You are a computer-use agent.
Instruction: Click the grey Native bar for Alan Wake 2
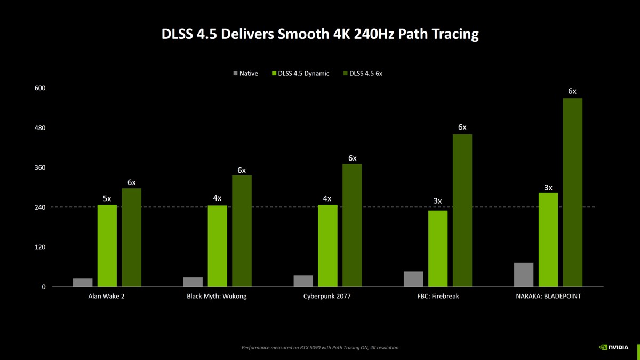tap(83, 283)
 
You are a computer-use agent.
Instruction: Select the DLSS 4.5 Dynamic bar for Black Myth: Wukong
tap(217, 246)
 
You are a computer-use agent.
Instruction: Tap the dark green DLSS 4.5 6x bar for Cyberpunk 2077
tap(352, 225)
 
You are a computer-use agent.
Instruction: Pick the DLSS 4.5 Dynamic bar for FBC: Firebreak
tap(438, 249)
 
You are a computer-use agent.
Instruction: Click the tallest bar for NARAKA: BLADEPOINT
tap(572, 193)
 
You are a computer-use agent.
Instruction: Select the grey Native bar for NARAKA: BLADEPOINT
tap(524, 275)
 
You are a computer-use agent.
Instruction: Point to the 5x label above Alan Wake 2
tap(107, 198)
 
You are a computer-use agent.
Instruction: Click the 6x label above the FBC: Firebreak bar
tap(462, 127)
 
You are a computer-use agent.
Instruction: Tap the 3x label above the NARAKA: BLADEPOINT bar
tap(548, 187)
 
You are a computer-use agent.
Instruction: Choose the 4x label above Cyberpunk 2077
tap(327, 198)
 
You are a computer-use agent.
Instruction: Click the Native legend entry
tap(245, 73)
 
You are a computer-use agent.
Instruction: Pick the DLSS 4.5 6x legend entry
tap(363, 73)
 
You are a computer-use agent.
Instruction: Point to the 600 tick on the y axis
tap(41, 88)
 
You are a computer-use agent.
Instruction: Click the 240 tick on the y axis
tap(41, 207)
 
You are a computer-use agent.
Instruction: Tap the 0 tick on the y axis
tap(44, 287)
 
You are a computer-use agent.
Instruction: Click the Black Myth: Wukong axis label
tap(217, 296)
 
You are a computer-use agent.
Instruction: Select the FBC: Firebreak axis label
tap(438, 296)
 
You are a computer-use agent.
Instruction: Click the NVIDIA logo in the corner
tap(614, 347)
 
